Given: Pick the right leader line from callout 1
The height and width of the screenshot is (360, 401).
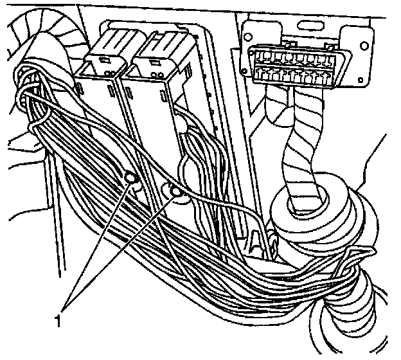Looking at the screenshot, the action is [122, 251].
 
